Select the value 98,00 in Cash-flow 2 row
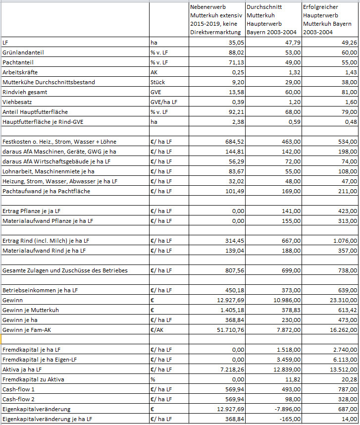pyautogui.click(x=292, y=399)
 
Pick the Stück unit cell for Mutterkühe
pyautogui.click(x=158, y=82)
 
